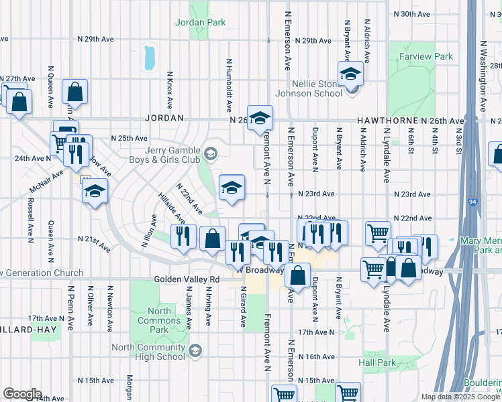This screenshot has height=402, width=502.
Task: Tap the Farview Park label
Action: [x=425, y=58]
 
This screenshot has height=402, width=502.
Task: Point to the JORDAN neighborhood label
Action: [x=164, y=118]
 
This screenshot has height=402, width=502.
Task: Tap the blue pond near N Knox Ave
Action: [x=149, y=58]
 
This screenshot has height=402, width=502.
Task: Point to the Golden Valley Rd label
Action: [x=187, y=279]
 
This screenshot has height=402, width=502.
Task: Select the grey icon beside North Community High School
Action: [x=195, y=350]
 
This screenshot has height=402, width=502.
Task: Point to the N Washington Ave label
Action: [x=483, y=74]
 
